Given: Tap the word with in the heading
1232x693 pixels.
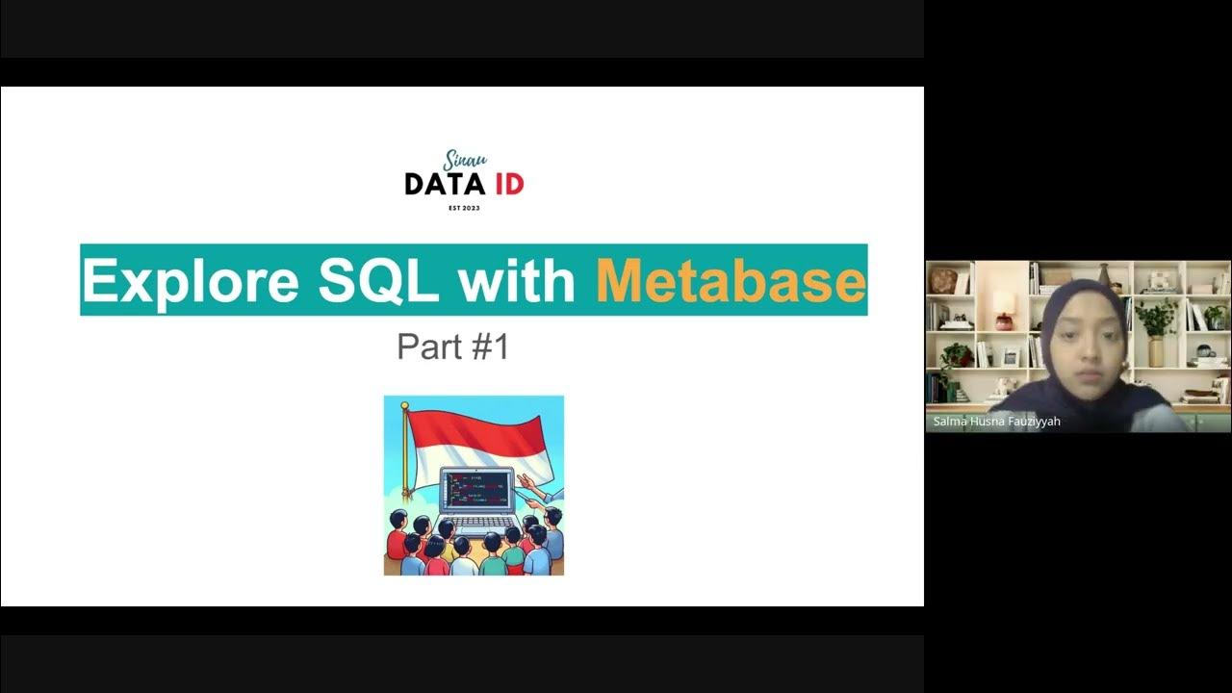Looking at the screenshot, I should coord(516,280).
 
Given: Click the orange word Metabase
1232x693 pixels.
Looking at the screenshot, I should coord(731,280).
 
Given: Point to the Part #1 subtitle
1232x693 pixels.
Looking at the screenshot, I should coord(452,346).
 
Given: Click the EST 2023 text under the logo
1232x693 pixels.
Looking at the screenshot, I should coord(464,208).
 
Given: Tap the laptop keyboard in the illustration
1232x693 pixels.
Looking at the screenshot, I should coord(474,524).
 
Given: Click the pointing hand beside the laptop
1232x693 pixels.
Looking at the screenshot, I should coord(527,481).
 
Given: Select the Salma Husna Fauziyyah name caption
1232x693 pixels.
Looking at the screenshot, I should coord(996,422).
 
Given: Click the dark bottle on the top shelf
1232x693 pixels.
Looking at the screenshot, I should coord(1105,275).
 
